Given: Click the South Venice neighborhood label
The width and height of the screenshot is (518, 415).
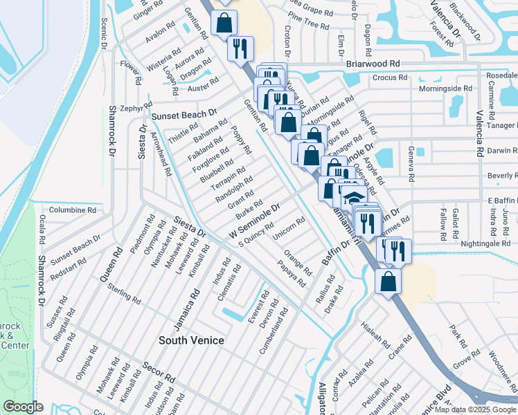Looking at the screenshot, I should click(x=192, y=340).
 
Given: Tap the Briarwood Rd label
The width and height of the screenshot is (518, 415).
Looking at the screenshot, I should click(x=374, y=63).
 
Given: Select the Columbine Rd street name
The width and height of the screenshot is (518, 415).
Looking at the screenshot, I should click(x=72, y=210).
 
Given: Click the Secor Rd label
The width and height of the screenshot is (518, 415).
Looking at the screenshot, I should click(x=159, y=373).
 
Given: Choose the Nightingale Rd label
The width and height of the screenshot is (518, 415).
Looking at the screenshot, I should click(x=485, y=244).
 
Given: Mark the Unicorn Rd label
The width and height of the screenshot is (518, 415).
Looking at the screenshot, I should click(x=289, y=230).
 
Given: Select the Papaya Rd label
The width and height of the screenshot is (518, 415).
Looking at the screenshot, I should click(x=292, y=275).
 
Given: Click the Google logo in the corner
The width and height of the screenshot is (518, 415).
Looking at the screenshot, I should click(x=23, y=407).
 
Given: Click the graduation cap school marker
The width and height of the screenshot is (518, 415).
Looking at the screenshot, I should click(x=354, y=196).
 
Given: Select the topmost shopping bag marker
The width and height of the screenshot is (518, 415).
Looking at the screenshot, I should click(x=224, y=23).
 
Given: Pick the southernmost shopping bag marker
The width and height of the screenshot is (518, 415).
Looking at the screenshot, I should click(x=388, y=282).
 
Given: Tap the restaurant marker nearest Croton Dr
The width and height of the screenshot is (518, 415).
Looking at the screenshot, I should click(x=241, y=48).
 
